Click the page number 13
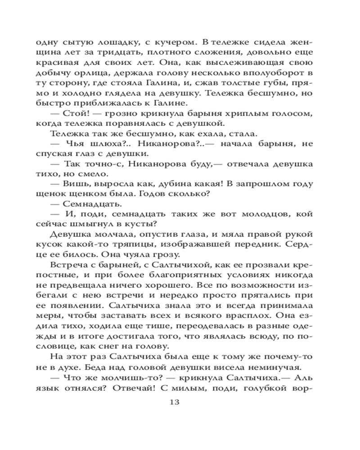click(180, 402)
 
